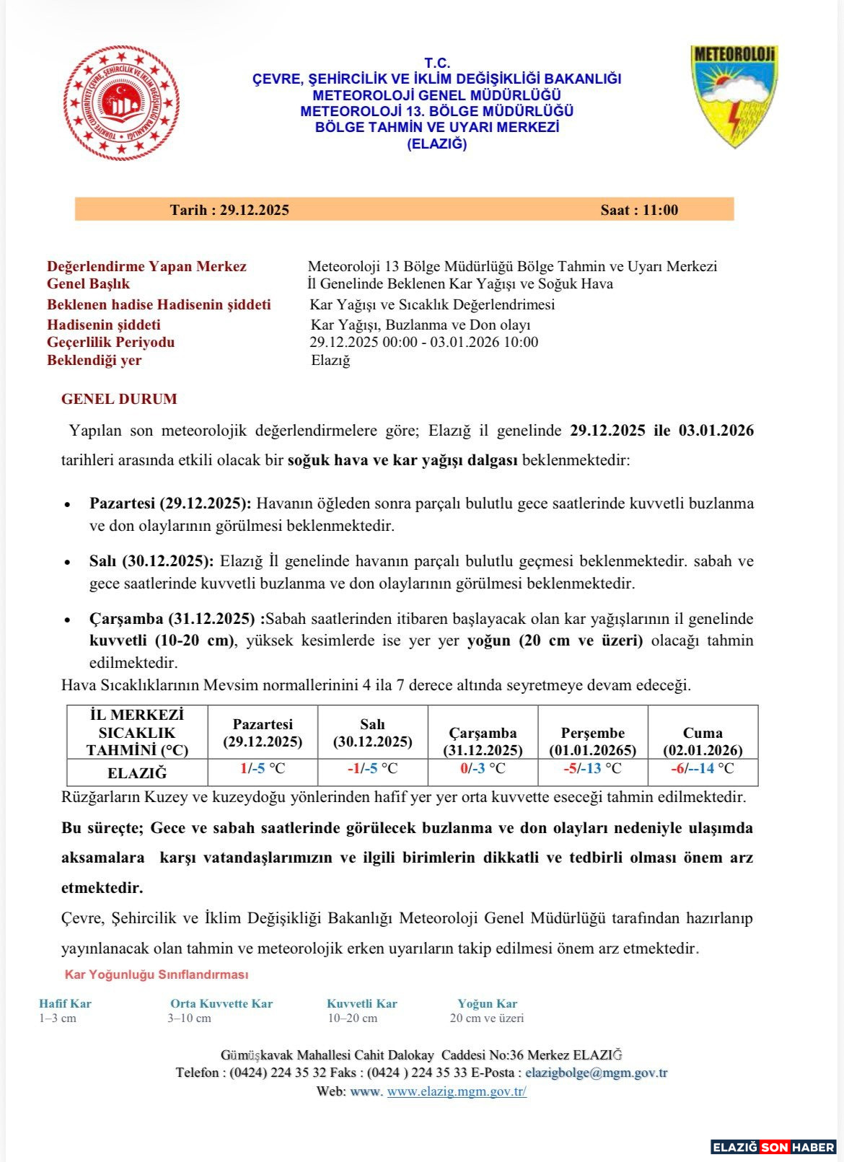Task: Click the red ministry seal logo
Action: coord(121,103)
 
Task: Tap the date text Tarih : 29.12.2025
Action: coord(229,210)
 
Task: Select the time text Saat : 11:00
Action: coord(639,210)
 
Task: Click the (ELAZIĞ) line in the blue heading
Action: coord(437,144)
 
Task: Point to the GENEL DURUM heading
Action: coord(119,399)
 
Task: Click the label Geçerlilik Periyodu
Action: coord(111,342)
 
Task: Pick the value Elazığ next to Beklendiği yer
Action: coord(330,360)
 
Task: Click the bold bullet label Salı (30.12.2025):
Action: coord(151,561)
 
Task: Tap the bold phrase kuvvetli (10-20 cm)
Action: coord(162,641)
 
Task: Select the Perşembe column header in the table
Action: coord(592,741)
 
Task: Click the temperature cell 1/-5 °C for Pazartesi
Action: coord(263,768)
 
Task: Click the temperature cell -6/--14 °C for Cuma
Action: coord(702,768)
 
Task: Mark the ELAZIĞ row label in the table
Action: coord(137,773)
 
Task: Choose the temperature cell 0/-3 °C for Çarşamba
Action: coord(483,768)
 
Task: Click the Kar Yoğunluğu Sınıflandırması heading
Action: coord(157,974)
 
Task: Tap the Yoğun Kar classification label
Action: coord(487,1003)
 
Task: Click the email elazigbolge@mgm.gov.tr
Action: coord(596,1073)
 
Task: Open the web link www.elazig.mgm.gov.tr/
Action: coord(457,1091)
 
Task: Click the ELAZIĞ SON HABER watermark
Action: coord(773,1147)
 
